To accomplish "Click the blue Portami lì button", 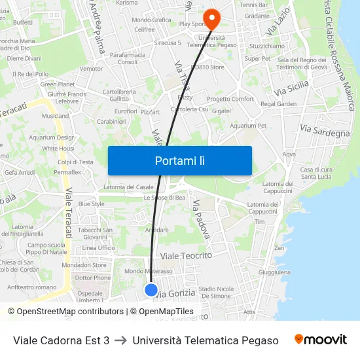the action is click(179, 160).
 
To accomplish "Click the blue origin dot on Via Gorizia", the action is click(151, 289).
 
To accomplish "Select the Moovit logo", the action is click(320, 340).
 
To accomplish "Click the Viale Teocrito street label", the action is click(187, 255).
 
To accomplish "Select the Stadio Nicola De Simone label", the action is click(215, 292).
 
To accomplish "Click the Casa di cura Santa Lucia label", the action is click(315, 173).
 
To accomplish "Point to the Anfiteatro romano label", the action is click(32, 287).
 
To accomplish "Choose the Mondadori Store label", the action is click(84, 265).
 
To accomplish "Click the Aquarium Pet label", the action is click(248, 125).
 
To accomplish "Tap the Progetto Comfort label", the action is click(230, 99).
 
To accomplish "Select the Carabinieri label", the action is click(111, 121).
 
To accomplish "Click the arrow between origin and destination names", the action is click(120, 340).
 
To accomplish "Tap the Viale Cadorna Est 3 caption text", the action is click(62, 340).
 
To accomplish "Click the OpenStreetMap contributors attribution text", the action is click(69, 312).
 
